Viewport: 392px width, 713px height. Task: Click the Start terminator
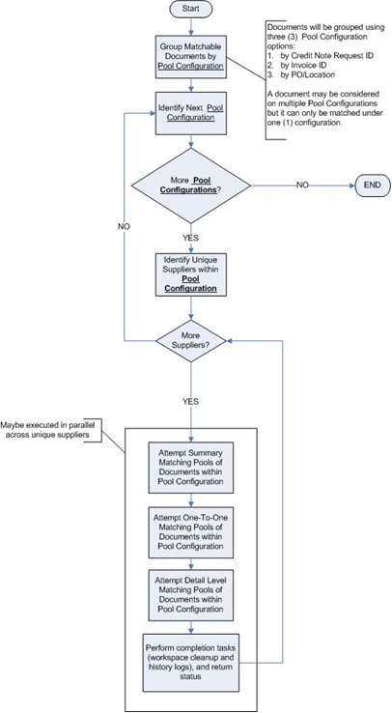(191, 9)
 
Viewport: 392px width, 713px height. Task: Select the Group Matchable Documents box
(191, 57)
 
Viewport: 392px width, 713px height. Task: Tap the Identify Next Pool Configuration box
(191, 113)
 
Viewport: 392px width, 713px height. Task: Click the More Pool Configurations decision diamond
(191, 185)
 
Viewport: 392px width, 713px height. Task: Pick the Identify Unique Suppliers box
(191, 275)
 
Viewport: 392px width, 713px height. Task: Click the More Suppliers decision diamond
(191, 340)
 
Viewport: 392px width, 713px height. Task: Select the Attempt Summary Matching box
(191, 468)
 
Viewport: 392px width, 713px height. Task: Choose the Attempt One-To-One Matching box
(191, 532)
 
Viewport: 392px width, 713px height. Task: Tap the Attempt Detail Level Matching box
(191, 595)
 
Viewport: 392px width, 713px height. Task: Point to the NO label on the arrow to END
(303, 185)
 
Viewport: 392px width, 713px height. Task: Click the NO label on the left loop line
(124, 227)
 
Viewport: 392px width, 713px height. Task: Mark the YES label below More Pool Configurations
(191, 238)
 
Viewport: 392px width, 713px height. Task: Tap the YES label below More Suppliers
(191, 402)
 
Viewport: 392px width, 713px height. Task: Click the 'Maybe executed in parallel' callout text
(49, 430)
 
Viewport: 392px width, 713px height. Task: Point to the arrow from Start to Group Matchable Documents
(191, 26)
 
